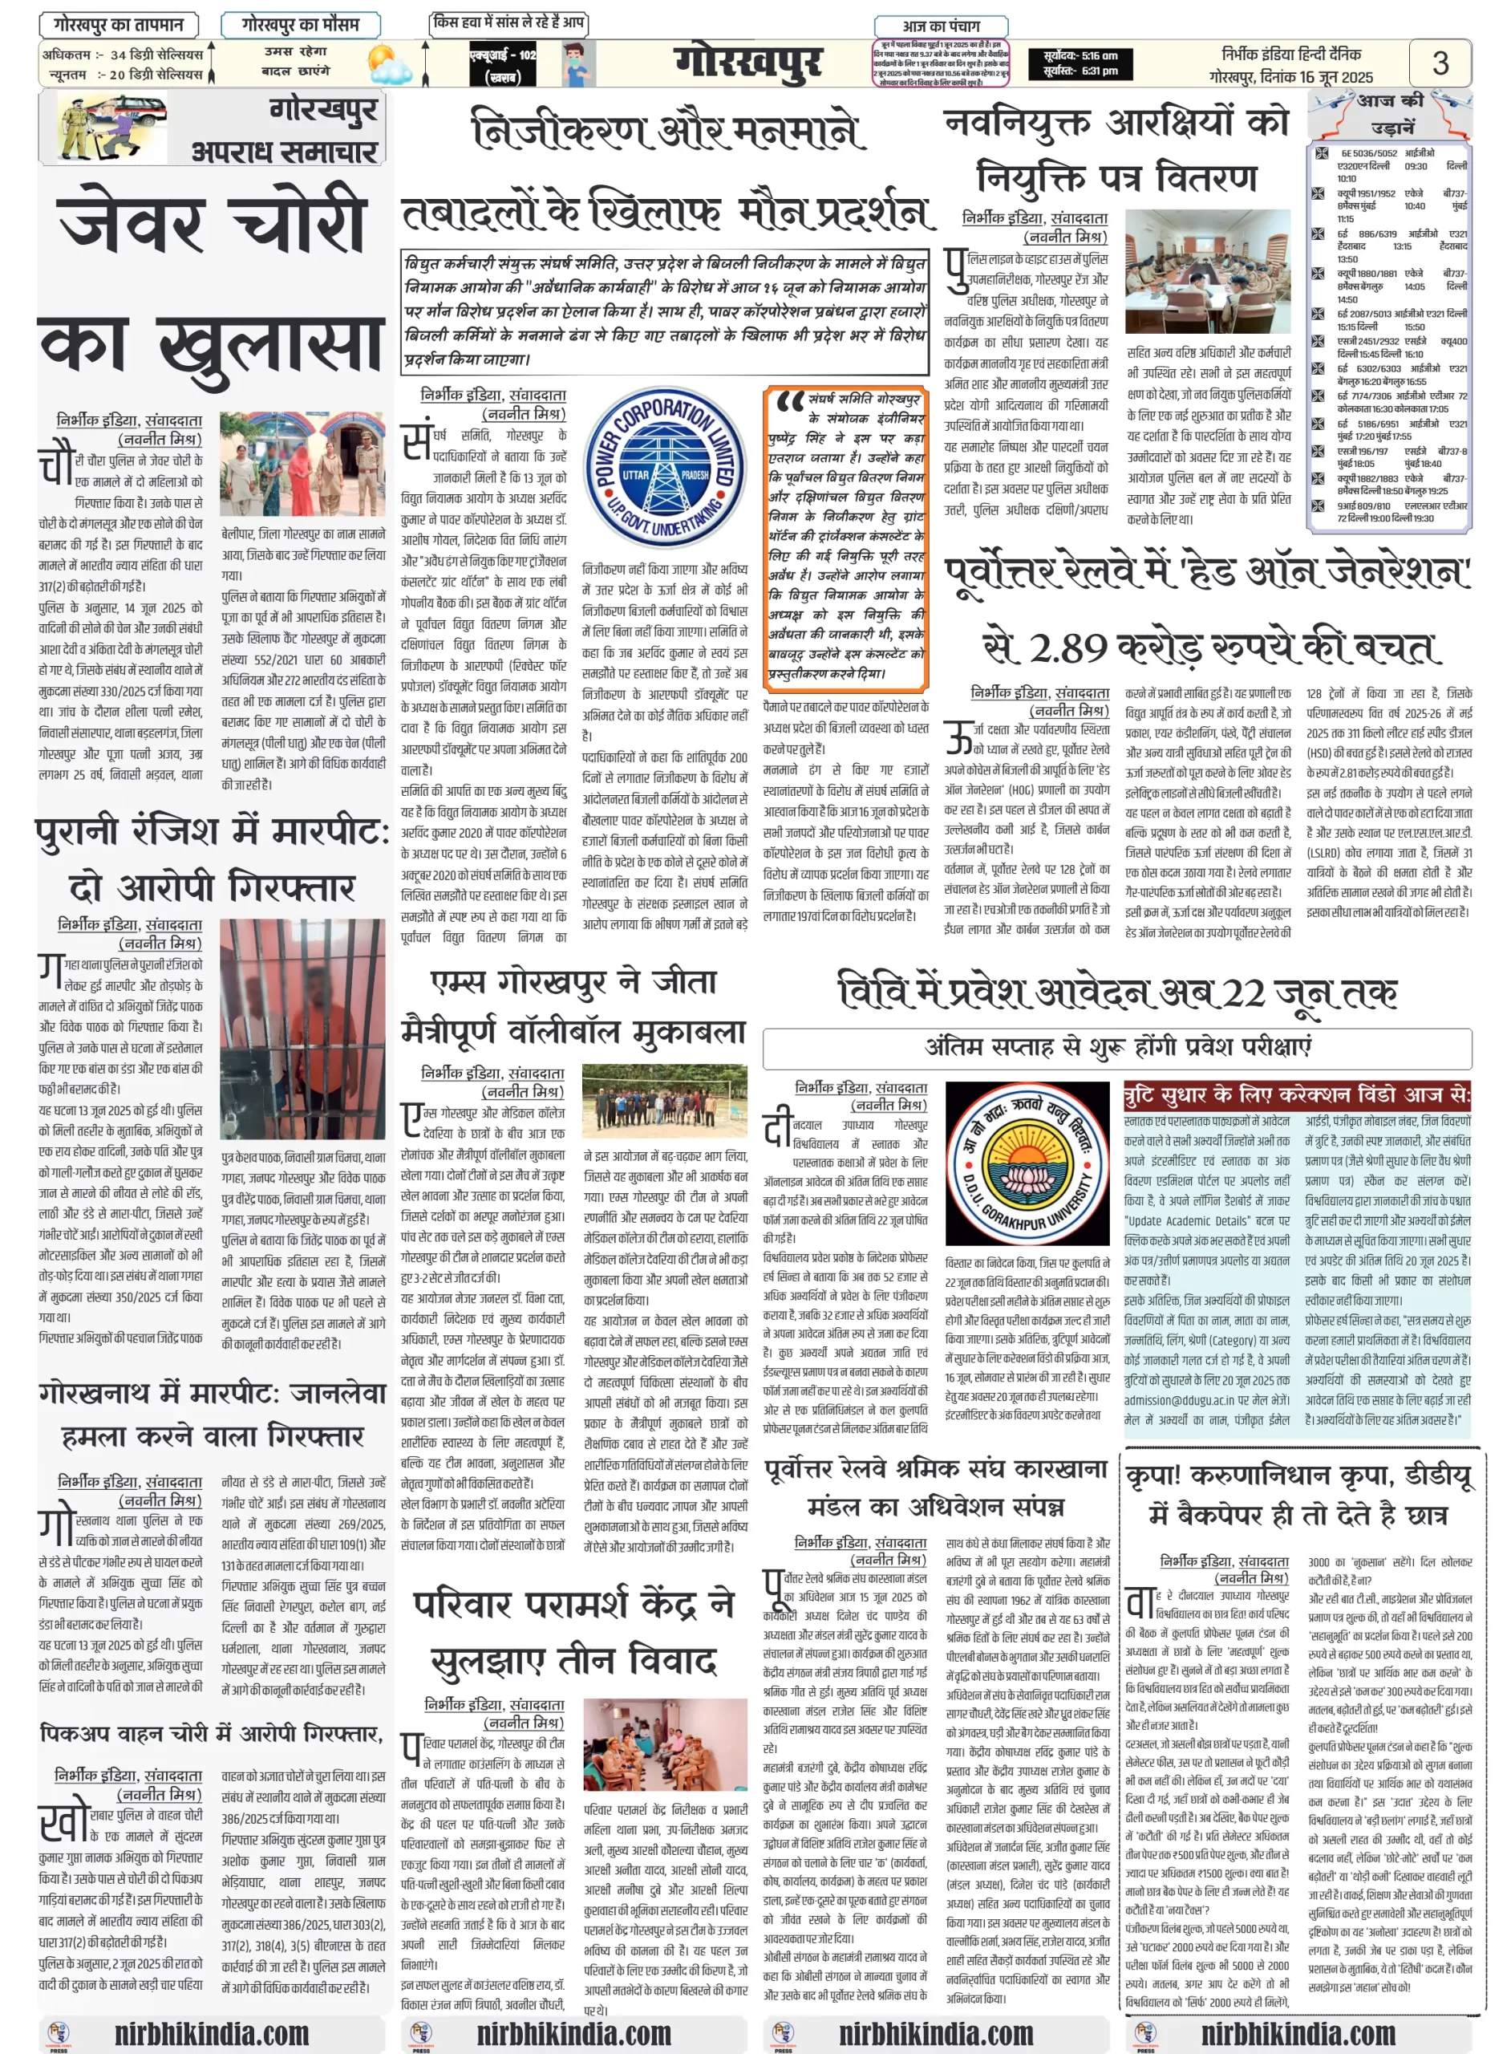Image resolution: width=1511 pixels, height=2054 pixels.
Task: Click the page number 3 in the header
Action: coord(1440,63)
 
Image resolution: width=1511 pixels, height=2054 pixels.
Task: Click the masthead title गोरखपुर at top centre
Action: coord(747,64)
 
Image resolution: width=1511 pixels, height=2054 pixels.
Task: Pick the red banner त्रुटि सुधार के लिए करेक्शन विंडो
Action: coord(1297,1094)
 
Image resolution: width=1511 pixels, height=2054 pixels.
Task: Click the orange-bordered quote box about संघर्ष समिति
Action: coord(846,539)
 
